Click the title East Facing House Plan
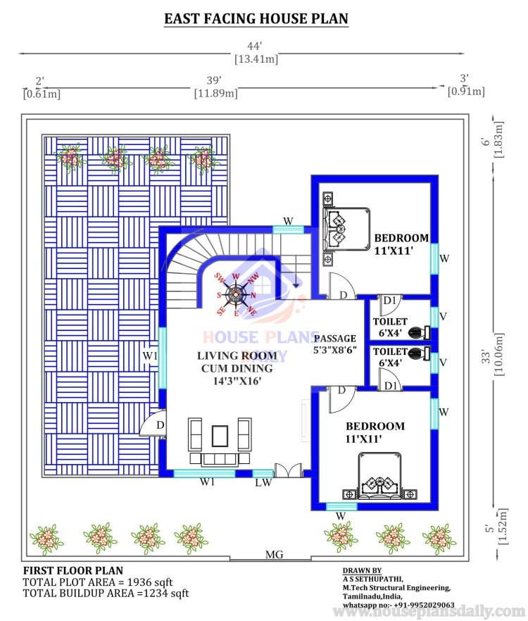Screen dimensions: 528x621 coord(256,18)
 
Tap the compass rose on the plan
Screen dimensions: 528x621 coord(236,294)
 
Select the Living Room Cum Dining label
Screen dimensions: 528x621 coord(237,368)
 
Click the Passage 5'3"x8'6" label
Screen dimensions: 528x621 coord(335,344)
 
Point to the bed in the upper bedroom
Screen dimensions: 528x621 coord(346,230)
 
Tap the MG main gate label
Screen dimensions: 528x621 coord(274,555)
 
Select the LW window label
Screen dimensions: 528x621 coord(263,482)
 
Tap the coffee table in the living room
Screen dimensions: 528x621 coord(220,436)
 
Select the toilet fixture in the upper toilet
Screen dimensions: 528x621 coord(419,332)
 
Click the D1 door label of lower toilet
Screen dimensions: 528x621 coord(391,385)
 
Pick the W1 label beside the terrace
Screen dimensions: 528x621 coord(150,356)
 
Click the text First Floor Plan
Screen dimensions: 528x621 coord(73,570)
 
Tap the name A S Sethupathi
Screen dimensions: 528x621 coord(372,579)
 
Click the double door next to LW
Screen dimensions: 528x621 coord(288,470)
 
